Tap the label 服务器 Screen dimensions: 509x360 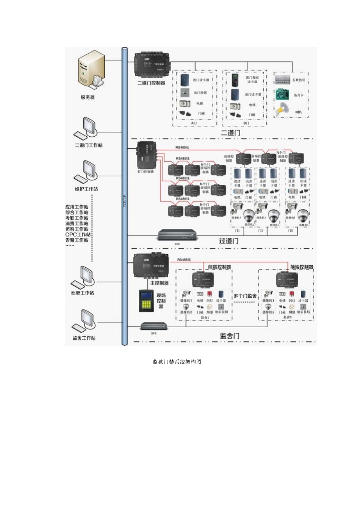tap(88, 97)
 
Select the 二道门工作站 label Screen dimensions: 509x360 tap(89, 145)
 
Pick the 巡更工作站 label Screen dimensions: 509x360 tap(83, 293)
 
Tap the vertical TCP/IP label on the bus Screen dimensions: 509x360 tap(124, 200)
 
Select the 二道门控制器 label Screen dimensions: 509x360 tap(151, 83)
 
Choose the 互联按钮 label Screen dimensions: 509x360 tap(299, 80)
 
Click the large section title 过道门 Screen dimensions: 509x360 tap(229, 241)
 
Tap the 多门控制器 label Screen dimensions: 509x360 tap(145, 172)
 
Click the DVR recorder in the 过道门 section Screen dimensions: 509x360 tap(177, 235)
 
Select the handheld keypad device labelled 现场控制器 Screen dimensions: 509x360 tap(147, 301)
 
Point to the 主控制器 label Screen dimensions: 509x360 tap(159, 283)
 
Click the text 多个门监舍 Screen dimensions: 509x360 tap(245, 296)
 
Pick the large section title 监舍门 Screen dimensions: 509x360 tap(230, 336)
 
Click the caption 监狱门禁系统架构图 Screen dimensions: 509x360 tap(177, 362)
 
